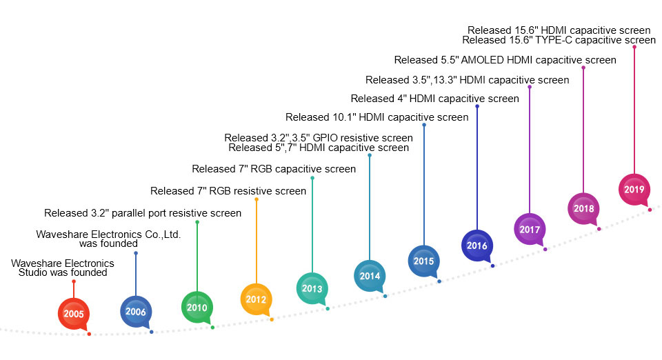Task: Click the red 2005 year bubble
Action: (74, 314)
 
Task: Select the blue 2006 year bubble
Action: (136, 312)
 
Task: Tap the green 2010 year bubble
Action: (197, 308)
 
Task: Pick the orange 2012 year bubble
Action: (257, 299)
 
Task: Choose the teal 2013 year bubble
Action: (312, 289)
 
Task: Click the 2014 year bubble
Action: (370, 276)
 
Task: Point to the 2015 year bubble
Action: (424, 261)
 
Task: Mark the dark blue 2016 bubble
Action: (477, 246)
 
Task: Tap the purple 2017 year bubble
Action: (530, 229)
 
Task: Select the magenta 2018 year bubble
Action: (583, 208)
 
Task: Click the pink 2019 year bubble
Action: (634, 189)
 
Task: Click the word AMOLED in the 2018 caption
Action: (482, 60)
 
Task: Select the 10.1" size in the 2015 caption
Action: (343, 117)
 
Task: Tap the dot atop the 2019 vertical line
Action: (634, 47)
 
